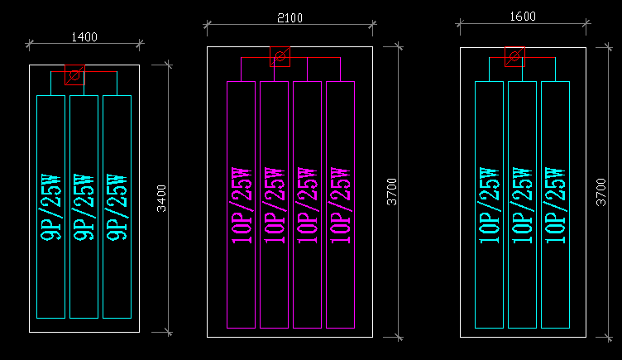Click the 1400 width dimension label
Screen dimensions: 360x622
coord(84,36)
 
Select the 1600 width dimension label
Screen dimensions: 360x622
coord(523,17)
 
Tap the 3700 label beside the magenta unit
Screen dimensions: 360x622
coord(393,192)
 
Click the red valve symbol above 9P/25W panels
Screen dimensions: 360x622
coord(74,74)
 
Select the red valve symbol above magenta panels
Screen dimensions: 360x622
coord(280,57)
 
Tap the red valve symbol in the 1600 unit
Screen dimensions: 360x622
coord(515,57)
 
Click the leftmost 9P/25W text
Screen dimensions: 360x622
coord(50,207)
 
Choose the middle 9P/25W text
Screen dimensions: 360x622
coord(84,207)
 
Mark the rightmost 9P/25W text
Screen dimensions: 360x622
coord(117,207)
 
